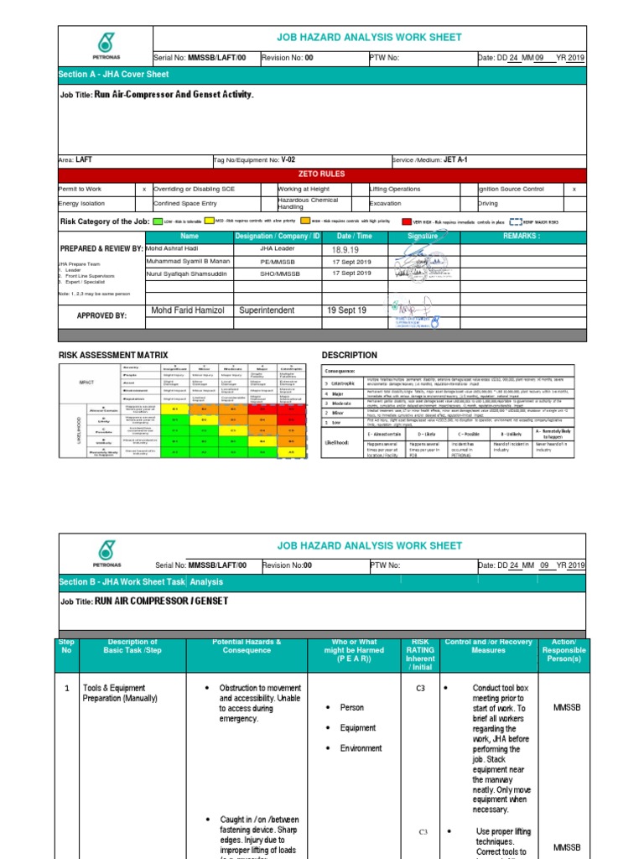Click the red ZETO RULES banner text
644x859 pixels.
point(321,174)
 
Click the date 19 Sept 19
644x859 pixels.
point(347,310)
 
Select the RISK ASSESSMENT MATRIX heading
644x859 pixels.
point(112,356)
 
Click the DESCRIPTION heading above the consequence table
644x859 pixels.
point(350,356)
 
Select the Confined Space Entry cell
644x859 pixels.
point(184,204)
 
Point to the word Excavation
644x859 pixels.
point(386,204)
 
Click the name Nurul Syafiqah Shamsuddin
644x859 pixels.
point(190,273)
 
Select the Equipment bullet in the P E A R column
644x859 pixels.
point(358,727)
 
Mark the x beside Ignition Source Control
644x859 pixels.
point(574,190)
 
